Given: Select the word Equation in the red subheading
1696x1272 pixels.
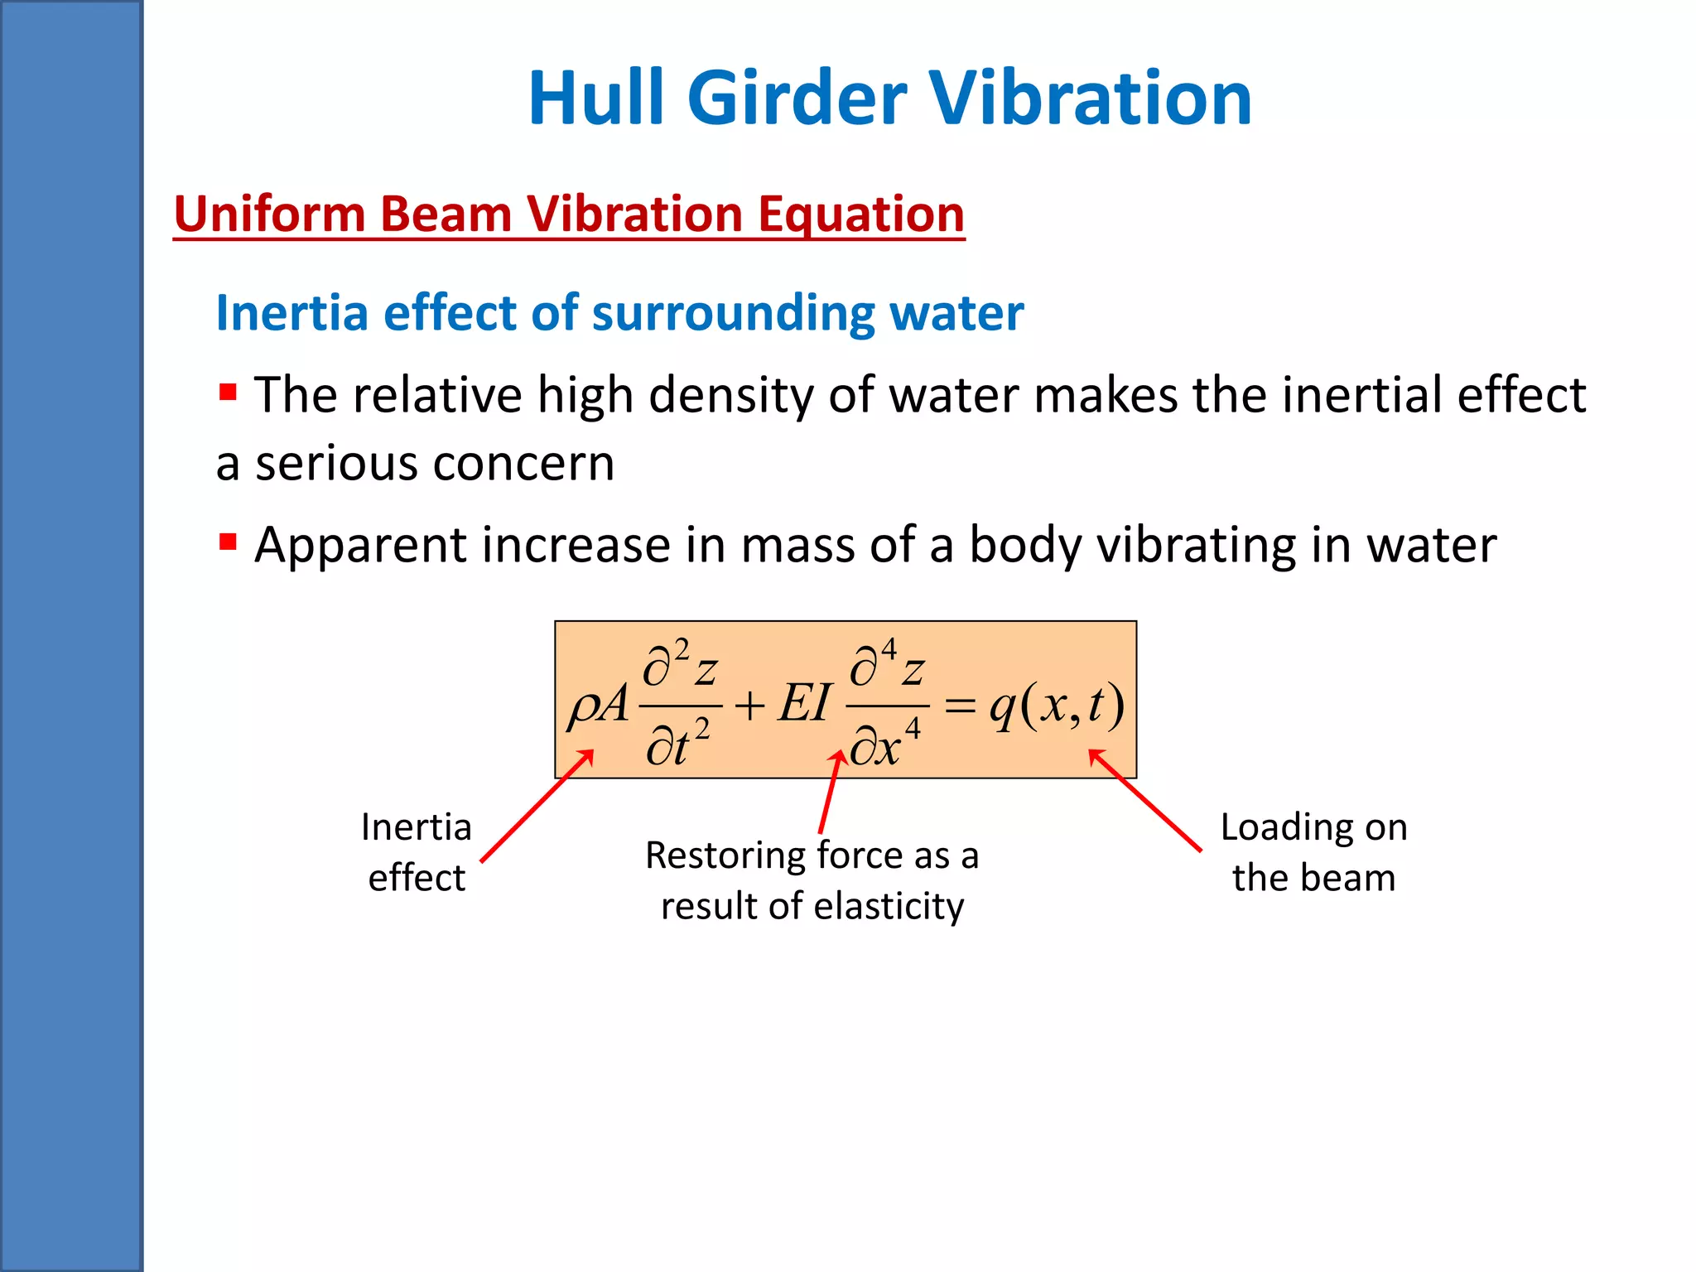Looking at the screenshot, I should [x=861, y=214].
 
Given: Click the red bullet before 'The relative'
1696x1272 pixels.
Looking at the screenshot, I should [x=229, y=391].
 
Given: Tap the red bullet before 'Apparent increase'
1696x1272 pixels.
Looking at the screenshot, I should [x=229, y=542].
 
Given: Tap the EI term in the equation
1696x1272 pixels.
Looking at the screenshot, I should [x=803, y=705].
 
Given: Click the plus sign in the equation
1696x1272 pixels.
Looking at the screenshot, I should [x=749, y=706].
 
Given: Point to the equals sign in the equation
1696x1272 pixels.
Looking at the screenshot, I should [x=960, y=706].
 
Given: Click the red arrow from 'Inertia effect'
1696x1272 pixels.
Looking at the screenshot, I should [x=537, y=807].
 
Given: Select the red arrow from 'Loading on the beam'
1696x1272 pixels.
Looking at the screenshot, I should [x=1145, y=800].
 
